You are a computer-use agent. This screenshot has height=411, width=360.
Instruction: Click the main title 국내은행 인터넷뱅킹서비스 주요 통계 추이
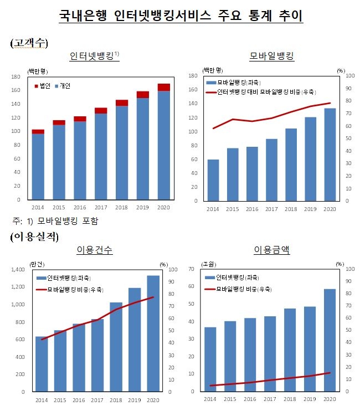point(181,16)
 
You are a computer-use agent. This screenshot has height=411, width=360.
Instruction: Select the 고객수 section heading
point(29,43)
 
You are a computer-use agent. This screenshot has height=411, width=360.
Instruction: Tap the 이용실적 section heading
point(34,237)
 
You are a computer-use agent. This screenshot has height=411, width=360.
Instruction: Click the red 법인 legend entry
point(45,86)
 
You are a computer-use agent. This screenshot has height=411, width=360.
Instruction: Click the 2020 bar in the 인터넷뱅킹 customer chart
point(163,144)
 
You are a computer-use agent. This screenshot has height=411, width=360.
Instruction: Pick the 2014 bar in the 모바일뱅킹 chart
point(213,179)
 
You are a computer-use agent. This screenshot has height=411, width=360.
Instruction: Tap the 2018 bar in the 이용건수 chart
point(116,347)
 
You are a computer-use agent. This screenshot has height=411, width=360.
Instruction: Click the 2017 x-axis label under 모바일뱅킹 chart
point(271,209)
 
